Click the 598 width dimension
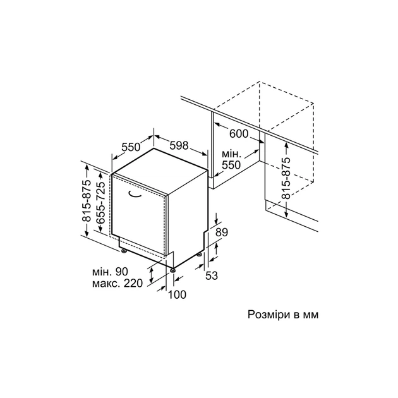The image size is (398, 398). pyautogui.click(x=179, y=145)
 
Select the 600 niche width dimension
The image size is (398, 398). pyautogui.click(x=239, y=133)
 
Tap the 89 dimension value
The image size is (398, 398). pyautogui.click(x=222, y=232)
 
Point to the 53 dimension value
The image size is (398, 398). pyautogui.click(x=212, y=275)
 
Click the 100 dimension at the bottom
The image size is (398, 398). pyautogui.click(x=177, y=294)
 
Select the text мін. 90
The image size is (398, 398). pyautogui.click(x=110, y=272)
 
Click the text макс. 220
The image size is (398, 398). pyautogui.click(x=118, y=283)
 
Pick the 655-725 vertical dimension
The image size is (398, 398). pyautogui.click(x=101, y=203)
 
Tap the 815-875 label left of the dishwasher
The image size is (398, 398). pyautogui.click(x=87, y=200)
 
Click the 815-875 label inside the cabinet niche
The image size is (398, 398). pyautogui.click(x=286, y=178)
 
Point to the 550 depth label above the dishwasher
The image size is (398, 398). pyautogui.click(x=131, y=147)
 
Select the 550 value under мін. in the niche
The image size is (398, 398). pyautogui.click(x=231, y=165)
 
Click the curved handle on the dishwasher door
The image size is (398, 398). pyautogui.click(x=135, y=194)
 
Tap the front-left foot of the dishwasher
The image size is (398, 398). pyautogui.click(x=124, y=251)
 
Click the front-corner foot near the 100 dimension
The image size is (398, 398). pyautogui.click(x=173, y=270)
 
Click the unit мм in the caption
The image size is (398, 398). pyautogui.click(x=310, y=315)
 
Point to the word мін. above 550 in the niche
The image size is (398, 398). pyautogui.click(x=231, y=154)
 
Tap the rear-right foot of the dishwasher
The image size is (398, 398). pyautogui.click(x=200, y=254)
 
